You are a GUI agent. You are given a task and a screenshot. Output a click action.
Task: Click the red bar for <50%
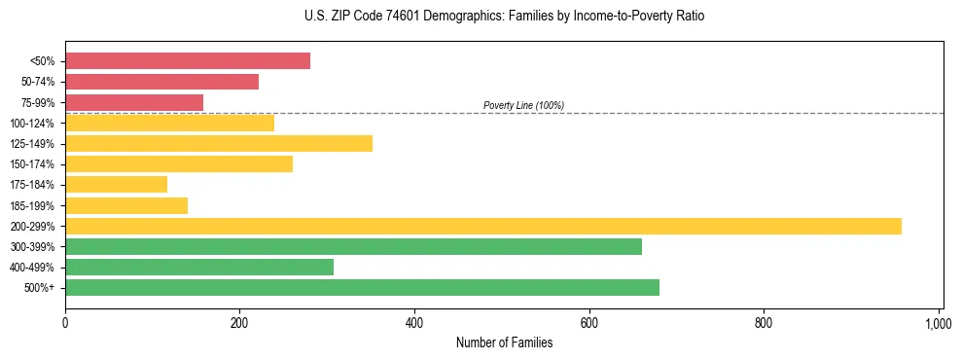[188, 61]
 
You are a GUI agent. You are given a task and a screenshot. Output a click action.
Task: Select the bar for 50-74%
[161, 82]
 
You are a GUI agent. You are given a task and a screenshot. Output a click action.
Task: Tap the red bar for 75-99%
[134, 102]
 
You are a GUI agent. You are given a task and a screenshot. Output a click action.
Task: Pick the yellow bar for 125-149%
[219, 144]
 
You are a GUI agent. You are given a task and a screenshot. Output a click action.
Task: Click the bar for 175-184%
[116, 185]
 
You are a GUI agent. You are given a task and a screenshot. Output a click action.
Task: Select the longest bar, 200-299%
[483, 227]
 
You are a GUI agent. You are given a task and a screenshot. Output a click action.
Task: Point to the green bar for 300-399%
[353, 247]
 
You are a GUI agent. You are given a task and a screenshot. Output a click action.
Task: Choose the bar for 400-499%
[199, 268]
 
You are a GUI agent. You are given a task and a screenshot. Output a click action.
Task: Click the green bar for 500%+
[362, 288]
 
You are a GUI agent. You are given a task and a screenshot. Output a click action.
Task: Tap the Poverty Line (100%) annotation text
[523, 105]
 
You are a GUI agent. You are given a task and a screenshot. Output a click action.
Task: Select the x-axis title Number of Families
[504, 342]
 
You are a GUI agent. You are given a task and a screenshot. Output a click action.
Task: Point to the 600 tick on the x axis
[588, 322]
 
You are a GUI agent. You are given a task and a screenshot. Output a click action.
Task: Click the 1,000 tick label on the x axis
[938, 322]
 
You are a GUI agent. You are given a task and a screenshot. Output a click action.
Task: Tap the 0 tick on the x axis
[65, 322]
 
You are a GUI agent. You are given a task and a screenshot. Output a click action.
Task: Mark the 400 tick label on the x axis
[414, 322]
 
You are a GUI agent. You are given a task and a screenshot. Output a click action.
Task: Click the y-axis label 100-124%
[33, 124]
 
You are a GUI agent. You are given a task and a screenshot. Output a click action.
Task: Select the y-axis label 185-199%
[33, 206]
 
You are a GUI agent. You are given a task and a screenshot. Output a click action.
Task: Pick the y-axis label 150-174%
[33, 164]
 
